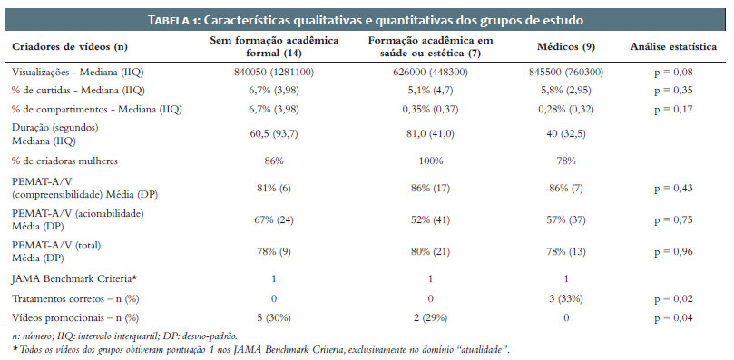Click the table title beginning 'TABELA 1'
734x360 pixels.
coord(366,21)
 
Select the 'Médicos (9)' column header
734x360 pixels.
coord(566,47)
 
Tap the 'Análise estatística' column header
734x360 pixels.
coord(673,47)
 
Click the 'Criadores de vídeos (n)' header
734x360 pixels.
coord(70,47)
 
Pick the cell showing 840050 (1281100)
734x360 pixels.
coord(274,73)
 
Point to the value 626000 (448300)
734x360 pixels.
coord(430,73)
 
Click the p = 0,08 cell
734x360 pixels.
coord(673,73)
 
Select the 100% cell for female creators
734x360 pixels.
coord(430,161)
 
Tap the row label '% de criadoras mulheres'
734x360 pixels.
coord(64,161)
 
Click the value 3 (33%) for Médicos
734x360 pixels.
coord(566,298)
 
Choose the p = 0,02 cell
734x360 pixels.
coord(673,298)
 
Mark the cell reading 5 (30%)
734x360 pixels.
coord(274,318)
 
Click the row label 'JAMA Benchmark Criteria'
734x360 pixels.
coord(74,279)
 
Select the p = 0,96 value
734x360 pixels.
coord(673,252)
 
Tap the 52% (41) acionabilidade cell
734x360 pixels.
coord(430,220)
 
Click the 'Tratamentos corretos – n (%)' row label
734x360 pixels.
coord(75,298)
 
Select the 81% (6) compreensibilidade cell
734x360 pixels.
coord(274,189)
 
